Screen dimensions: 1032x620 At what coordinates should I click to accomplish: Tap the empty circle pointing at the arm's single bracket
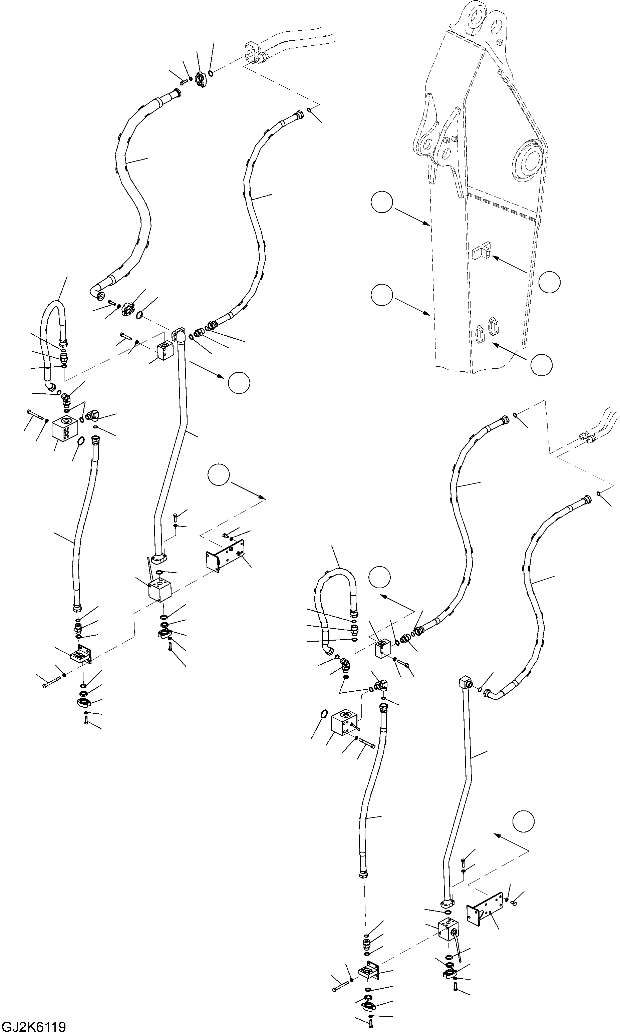tap(549, 282)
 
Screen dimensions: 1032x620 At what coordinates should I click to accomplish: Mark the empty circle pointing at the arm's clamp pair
tap(542, 365)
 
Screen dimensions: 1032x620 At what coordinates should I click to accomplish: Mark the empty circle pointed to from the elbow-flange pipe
tap(239, 382)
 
